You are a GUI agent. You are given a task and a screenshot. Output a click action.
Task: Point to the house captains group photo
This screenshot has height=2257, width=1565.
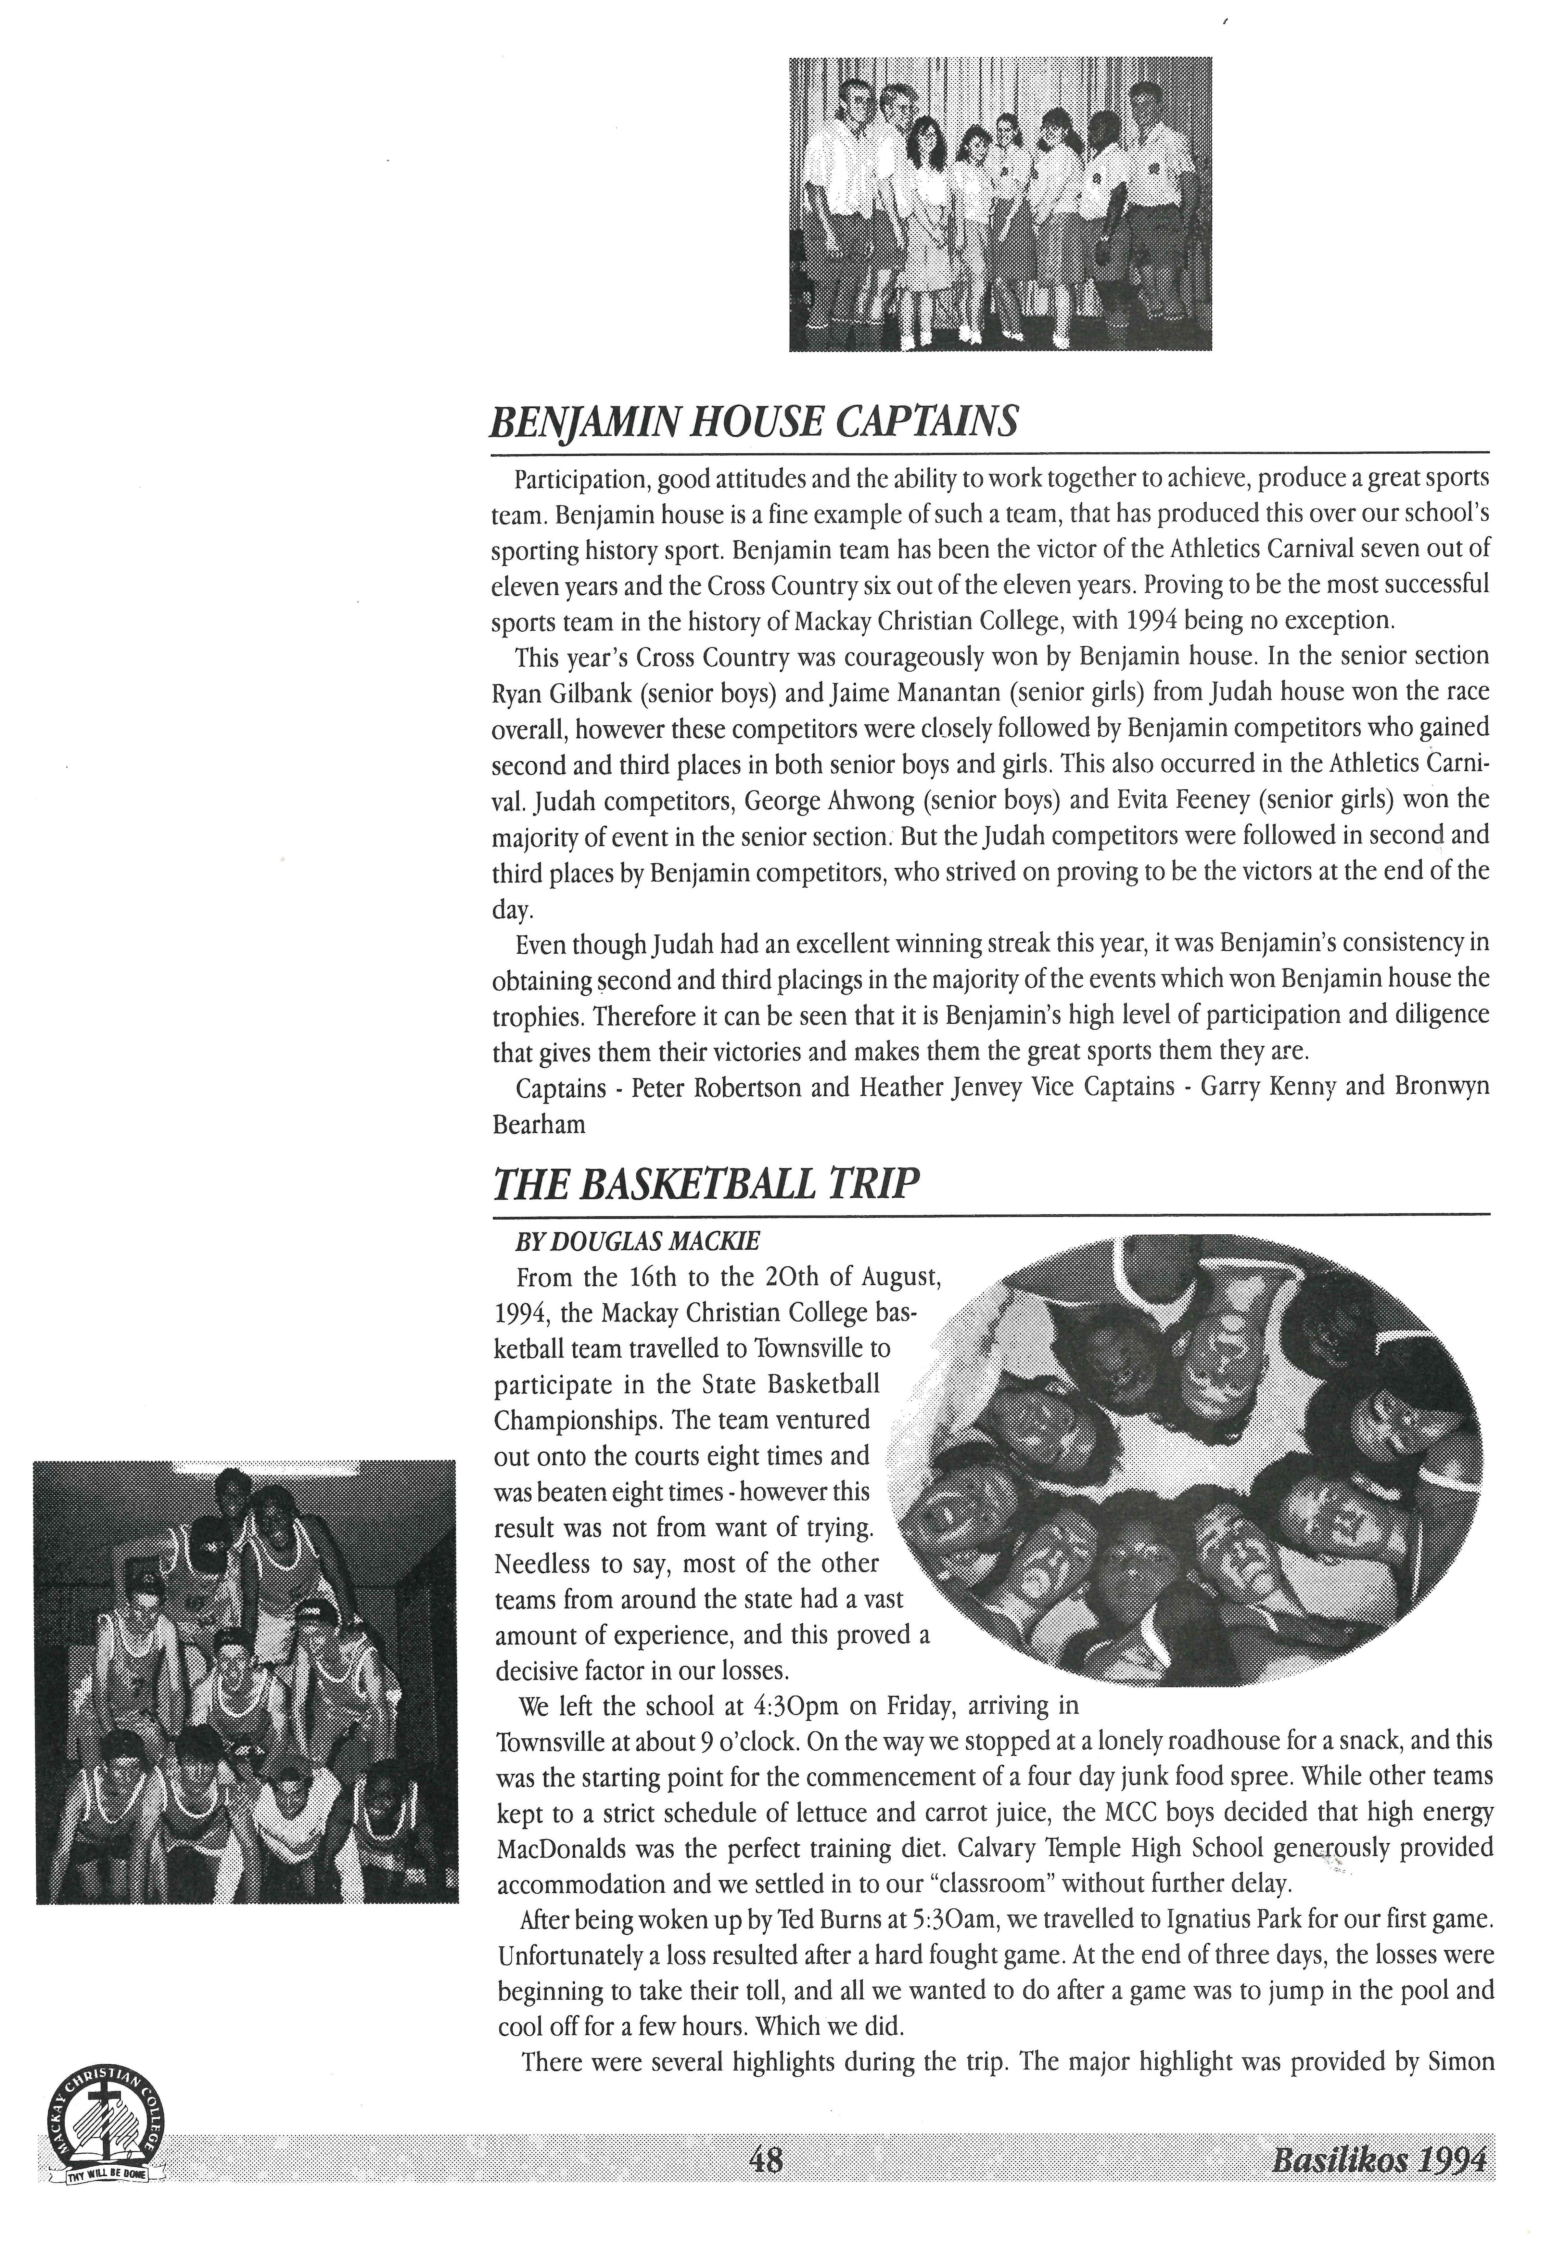pyautogui.click(x=1000, y=203)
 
